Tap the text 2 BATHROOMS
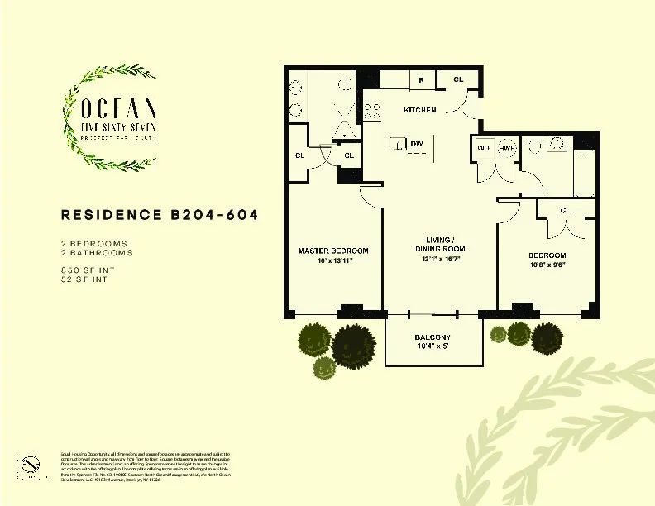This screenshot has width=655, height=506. [x=95, y=253]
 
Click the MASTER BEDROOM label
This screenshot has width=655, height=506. [x=333, y=251]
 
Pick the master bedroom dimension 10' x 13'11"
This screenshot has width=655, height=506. [x=333, y=261]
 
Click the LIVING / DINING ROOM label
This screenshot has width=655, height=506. [x=439, y=244]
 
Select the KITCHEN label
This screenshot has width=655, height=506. [x=419, y=110]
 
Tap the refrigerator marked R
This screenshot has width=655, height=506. [x=421, y=80]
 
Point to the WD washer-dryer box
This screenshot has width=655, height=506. [x=484, y=148]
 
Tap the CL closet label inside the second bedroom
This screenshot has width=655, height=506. [x=565, y=210]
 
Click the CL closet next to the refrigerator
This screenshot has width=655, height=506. [x=458, y=80]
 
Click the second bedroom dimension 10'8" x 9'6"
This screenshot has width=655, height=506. [x=547, y=265]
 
